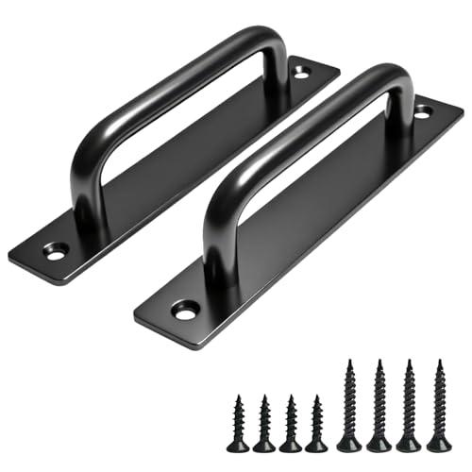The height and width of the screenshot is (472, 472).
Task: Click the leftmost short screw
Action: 238,423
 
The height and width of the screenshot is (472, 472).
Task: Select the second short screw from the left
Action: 264,423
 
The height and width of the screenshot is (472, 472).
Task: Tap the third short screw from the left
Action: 291,423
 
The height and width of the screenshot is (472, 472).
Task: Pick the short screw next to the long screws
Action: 317,423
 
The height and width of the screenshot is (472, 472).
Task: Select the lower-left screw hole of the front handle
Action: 184,309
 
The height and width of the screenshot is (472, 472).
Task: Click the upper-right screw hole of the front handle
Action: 422,111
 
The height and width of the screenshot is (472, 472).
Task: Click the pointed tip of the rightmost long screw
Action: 438,360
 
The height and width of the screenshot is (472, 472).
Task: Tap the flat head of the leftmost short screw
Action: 238,446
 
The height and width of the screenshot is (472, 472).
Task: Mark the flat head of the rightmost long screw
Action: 438,445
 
